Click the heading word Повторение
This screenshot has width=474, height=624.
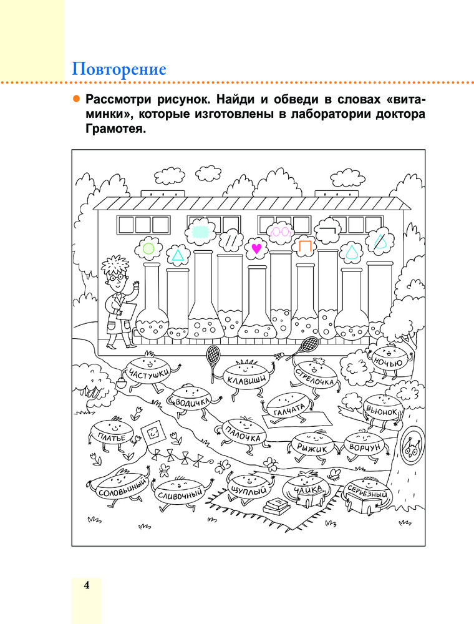119,69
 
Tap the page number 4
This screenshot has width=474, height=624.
86,585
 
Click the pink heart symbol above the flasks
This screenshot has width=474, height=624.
257,248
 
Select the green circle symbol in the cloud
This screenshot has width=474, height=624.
148,249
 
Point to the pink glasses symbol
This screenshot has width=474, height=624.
280,232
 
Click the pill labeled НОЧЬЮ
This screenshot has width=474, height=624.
389,360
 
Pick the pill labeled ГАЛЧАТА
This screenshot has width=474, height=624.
289,409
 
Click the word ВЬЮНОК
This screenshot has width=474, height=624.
382,411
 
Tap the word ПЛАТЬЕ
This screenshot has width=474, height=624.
112,438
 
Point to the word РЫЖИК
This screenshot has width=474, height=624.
312,448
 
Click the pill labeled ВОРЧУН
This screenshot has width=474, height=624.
365,447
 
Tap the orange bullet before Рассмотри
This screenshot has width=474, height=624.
76,99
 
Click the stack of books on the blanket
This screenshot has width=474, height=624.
276,505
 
